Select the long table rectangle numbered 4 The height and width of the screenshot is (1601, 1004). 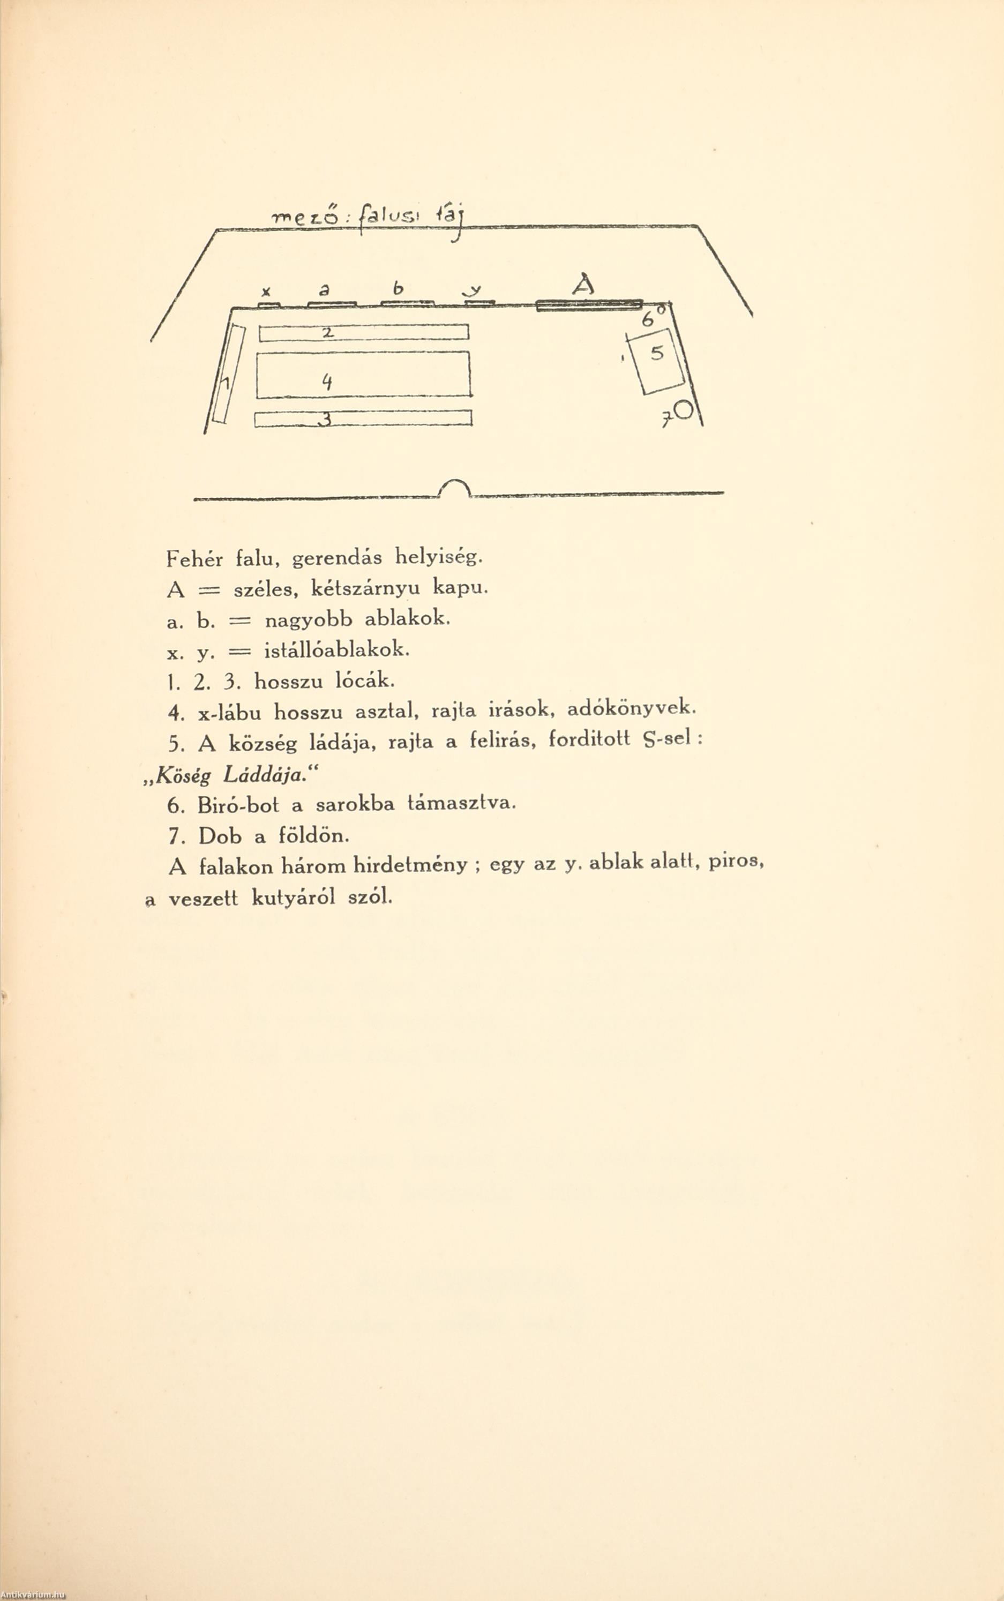[x=363, y=375]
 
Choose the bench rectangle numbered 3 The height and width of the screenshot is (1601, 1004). [x=363, y=419]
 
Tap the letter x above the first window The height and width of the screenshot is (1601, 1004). [x=266, y=291]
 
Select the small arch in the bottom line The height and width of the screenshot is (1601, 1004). [x=455, y=489]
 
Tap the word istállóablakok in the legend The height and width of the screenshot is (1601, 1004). [x=336, y=650]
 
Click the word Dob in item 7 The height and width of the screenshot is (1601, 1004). [x=220, y=836]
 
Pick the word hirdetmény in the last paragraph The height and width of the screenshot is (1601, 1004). [x=410, y=866]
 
